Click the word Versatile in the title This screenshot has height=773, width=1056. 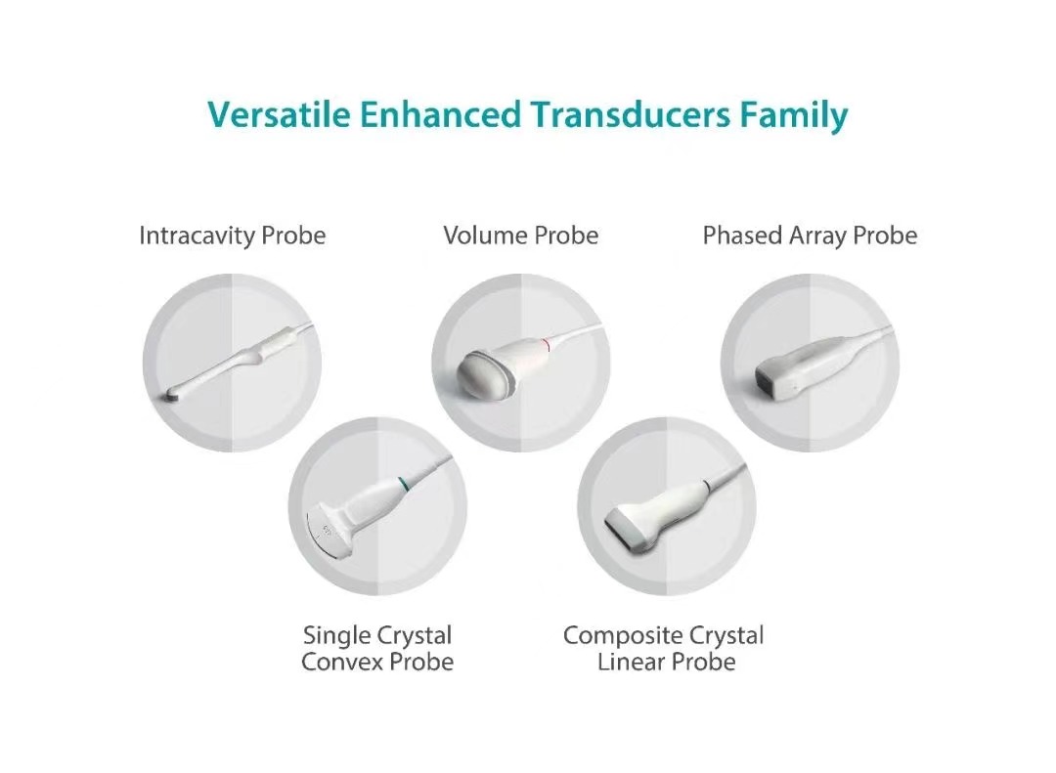tap(279, 113)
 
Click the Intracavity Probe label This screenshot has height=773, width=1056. tap(233, 236)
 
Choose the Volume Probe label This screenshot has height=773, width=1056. tap(520, 236)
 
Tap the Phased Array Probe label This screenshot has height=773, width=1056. tap(810, 236)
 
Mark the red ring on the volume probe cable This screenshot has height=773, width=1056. tap(549, 345)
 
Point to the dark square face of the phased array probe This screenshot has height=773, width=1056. tap(770, 379)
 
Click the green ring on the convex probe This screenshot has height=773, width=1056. tap(403, 484)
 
